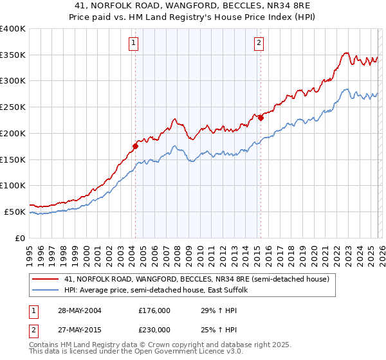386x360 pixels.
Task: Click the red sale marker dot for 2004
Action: point(135,146)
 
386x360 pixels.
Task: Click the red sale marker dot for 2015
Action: point(261,118)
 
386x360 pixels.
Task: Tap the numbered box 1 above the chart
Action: point(133,43)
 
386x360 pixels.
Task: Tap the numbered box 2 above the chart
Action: point(259,43)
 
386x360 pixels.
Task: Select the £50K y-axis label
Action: point(15,212)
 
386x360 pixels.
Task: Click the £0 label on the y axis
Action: point(21,238)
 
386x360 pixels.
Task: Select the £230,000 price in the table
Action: point(154,329)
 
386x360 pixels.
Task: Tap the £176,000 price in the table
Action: point(154,310)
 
